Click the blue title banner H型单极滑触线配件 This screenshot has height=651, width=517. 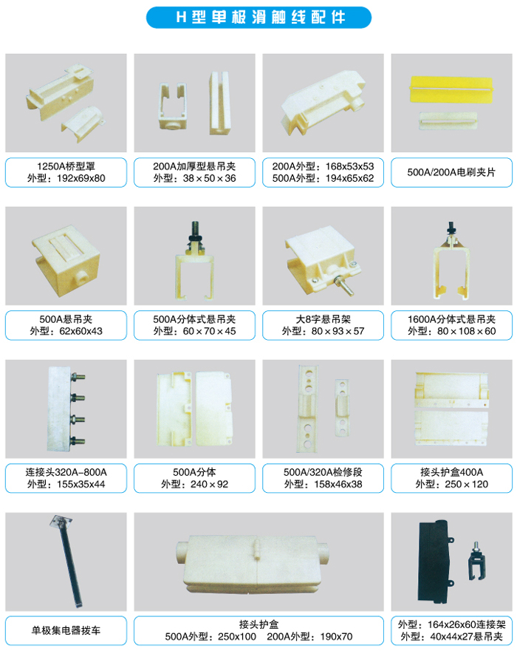(x=258, y=18)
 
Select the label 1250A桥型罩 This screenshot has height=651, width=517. (x=66, y=166)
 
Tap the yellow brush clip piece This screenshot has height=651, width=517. (x=451, y=89)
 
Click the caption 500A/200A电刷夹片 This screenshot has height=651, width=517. (x=451, y=172)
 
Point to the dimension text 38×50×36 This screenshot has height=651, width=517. (x=209, y=179)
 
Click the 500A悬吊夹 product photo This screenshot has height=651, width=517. (x=66, y=259)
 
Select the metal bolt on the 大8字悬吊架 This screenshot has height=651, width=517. (x=344, y=285)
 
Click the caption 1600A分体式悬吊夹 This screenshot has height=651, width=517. (x=451, y=319)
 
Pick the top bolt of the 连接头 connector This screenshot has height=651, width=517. (x=78, y=377)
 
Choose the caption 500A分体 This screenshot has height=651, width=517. (x=194, y=472)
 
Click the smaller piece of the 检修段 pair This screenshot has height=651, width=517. (x=342, y=408)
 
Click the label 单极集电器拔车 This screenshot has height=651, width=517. (x=66, y=630)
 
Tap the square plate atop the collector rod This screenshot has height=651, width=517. (x=61, y=521)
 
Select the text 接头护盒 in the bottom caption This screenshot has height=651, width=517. (x=259, y=624)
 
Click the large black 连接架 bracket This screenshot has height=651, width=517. (x=436, y=562)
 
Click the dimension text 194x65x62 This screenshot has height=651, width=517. (x=350, y=179)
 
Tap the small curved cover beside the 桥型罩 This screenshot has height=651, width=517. (x=83, y=123)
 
